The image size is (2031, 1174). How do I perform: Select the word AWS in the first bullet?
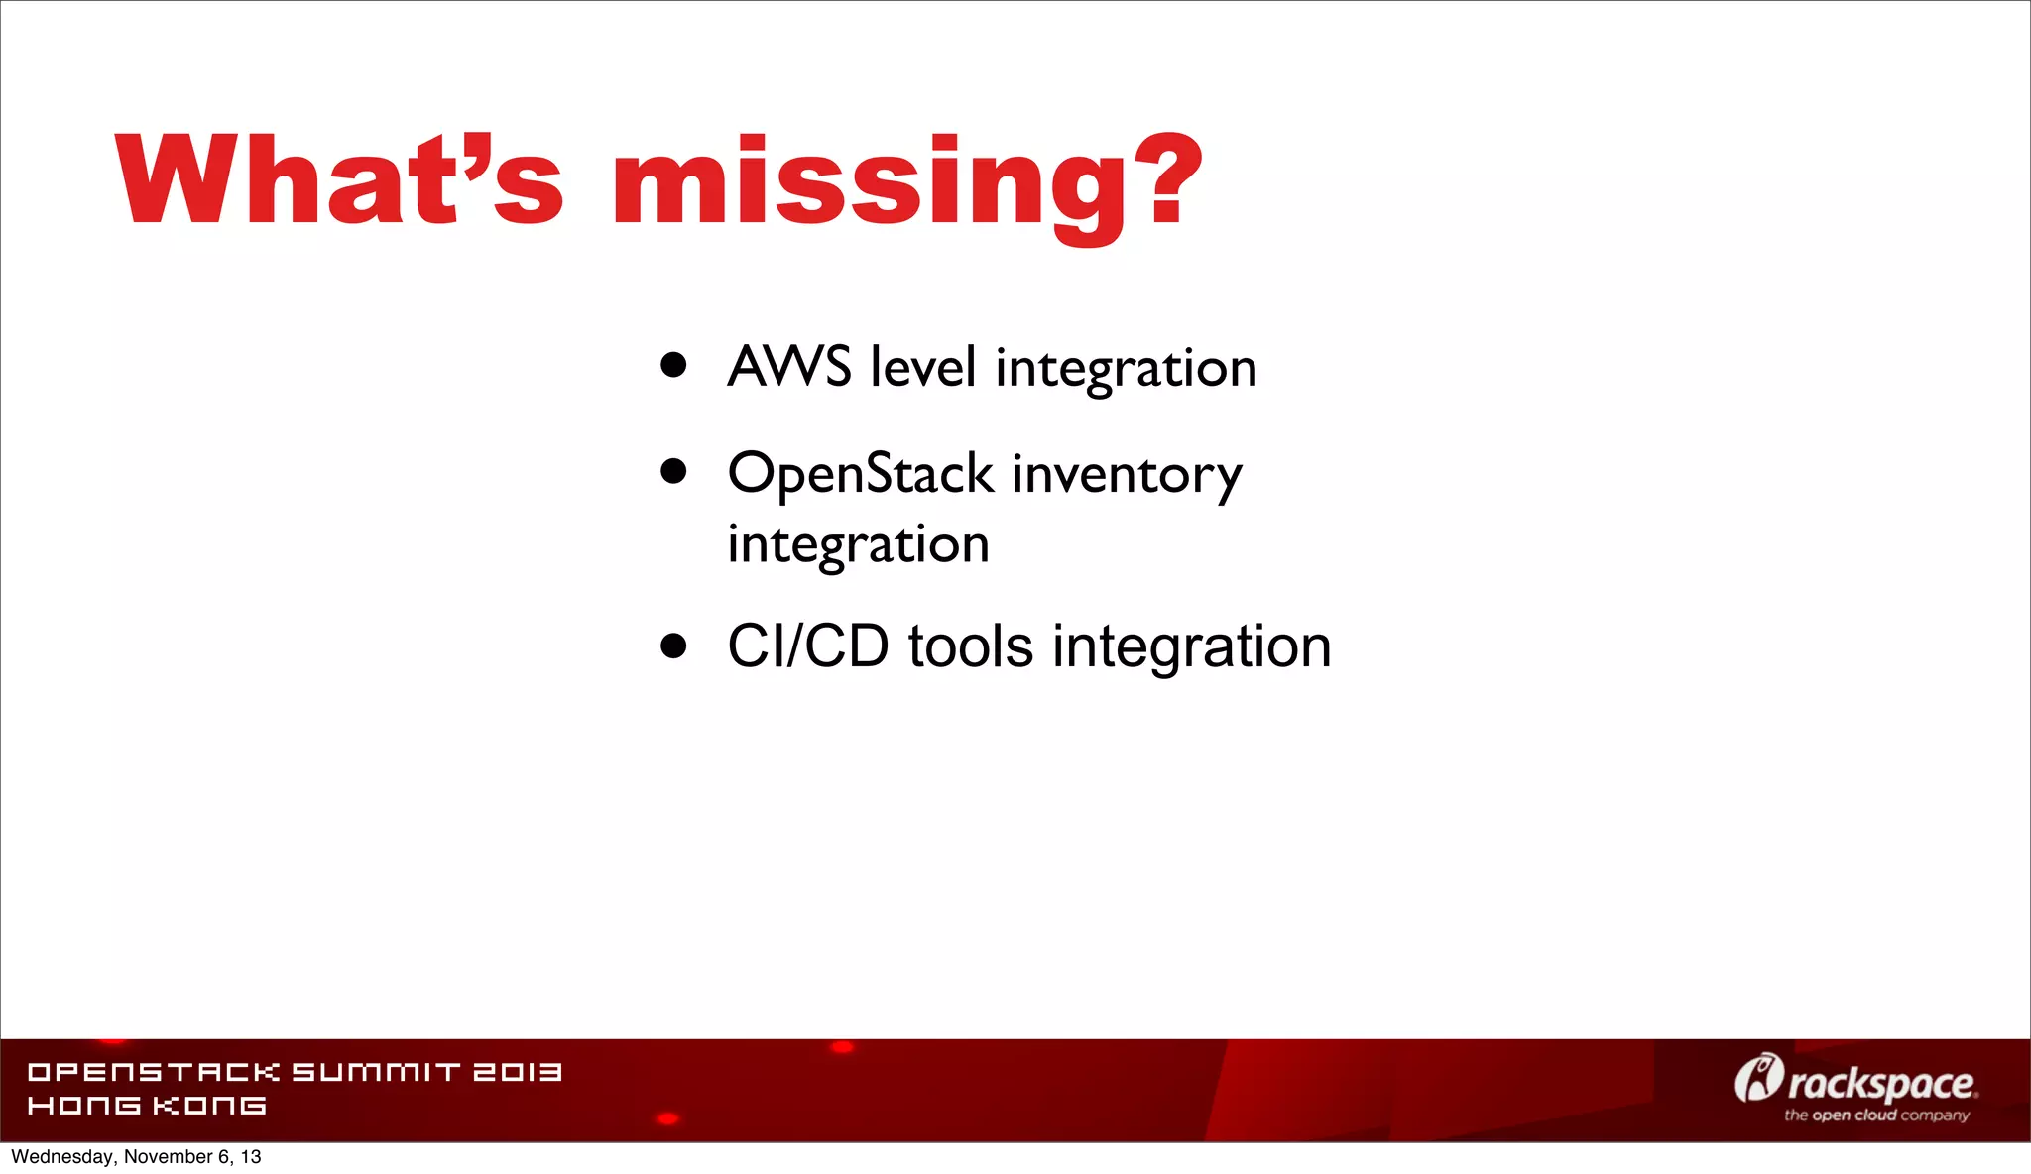[789, 366]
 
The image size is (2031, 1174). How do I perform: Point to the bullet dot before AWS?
[673, 364]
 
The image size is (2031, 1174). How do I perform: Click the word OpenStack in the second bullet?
[860, 474]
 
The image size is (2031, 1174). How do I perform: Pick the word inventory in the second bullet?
[1127, 476]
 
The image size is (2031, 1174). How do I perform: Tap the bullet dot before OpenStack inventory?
[673, 471]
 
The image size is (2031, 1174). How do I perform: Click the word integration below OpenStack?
[858, 545]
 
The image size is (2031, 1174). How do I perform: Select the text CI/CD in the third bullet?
[807, 646]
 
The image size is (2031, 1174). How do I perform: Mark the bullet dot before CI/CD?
[673, 646]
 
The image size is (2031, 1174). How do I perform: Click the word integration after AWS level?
[1126, 370]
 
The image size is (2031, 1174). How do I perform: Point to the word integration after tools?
[1191, 648]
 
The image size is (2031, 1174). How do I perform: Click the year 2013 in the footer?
[517, 1072]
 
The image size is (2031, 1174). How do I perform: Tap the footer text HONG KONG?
[147, 1106]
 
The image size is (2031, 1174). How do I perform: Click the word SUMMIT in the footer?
[376, 1072]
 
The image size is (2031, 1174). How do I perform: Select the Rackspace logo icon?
[1757, 1078]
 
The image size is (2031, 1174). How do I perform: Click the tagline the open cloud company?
[1876, 1115]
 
